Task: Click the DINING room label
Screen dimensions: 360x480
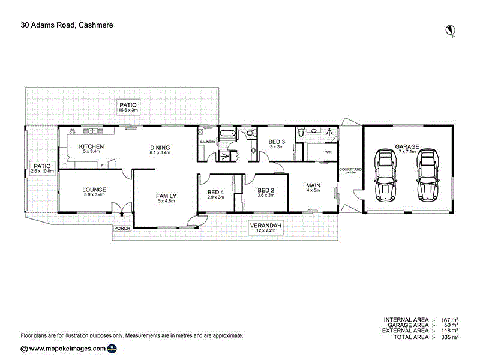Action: [160, 148]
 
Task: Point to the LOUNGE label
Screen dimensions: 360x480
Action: [94, 190]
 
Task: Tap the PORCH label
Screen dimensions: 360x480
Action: [122, 228]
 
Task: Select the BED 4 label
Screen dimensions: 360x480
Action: [215, 192]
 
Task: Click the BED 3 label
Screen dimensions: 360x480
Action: [277, 142]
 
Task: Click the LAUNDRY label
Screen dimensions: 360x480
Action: [208, 142]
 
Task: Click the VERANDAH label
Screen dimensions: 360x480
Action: [265, 226]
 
